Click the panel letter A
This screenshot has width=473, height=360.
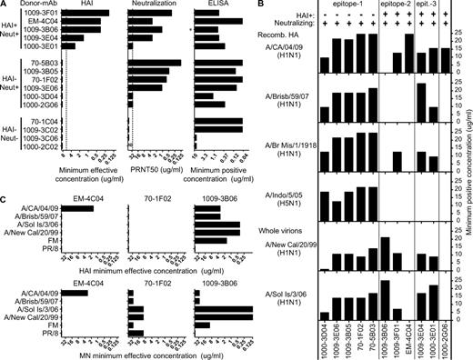click(x=5, y=5)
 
